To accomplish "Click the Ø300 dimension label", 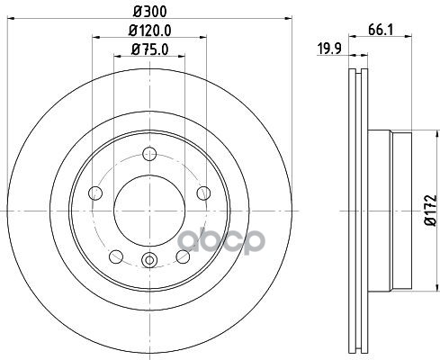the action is pos(149,12).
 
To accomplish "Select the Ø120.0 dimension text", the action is pos(149,31).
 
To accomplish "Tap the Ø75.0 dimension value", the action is pos(149,49).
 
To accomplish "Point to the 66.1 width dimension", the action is pos(381,30).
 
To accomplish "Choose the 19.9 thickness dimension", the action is pos(329,49).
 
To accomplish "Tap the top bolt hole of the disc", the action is pos(149,154).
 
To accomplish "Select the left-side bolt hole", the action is pos(95,193).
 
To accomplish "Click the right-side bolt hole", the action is pos(203,193).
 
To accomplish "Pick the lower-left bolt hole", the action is pos(116,256).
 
